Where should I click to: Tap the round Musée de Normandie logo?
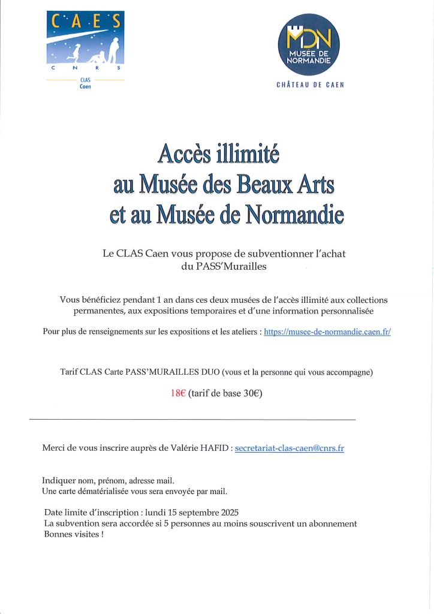coord(309,44)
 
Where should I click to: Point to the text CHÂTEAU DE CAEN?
coord(310,85)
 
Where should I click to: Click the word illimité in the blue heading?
coord(246,154)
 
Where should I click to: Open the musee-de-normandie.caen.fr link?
coord(327,332)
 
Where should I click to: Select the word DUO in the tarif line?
coord(206,372)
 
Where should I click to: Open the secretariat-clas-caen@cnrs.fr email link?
coord(290,448)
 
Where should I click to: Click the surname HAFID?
coord(211,448)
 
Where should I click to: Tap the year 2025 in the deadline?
coord(228,513)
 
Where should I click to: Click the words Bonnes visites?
coord(71,534)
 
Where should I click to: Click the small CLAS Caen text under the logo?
coord(85,83)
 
